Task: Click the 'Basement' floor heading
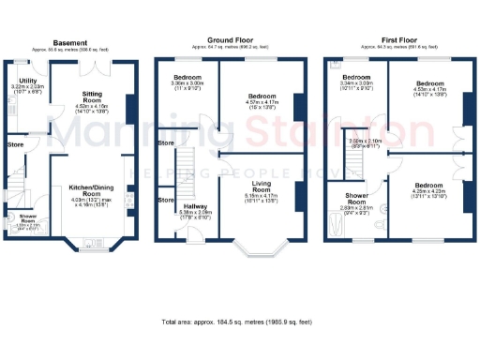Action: pyautogui.click(x=72, y=43)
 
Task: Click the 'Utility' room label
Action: pyautogui.click(x=26, y=82)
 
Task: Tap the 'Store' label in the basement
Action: pyautogui.click(x=15, y=145)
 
